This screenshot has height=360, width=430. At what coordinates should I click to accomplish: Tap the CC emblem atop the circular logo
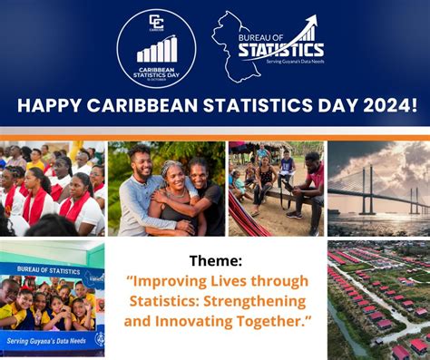click(x=156, y=22)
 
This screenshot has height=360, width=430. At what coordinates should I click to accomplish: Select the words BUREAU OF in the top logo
click(x=263, y=36)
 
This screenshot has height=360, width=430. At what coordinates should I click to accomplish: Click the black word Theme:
click(x=215, y=260)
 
